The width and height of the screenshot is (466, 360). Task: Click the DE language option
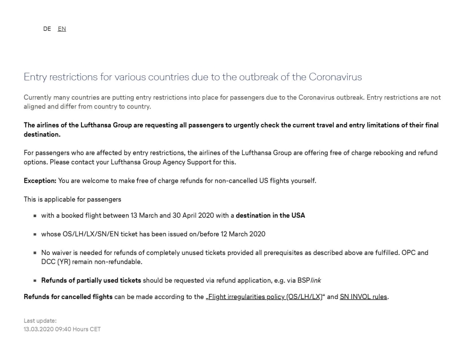pos(47,29)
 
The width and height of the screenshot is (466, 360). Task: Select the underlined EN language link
pos(62,29)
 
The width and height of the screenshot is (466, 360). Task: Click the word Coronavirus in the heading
pos(335,77)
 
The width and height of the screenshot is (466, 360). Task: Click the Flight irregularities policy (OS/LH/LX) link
pos(265,297)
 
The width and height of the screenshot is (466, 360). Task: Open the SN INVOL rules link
pos(364,297)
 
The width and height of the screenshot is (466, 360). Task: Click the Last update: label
pos(40,321)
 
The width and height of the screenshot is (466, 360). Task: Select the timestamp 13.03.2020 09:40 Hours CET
pos(62,329)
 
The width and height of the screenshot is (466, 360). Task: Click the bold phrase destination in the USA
pos(270,216)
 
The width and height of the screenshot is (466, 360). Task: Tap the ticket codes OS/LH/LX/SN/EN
pos(87,234)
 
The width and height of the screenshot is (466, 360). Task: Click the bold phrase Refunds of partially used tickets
pos(91,280)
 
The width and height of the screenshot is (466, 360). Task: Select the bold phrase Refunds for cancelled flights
pos(68,297)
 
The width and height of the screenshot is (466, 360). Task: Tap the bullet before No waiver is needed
pos(35,253)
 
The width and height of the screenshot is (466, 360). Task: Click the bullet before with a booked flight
pos(35,216)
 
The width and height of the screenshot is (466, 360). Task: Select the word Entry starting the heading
pos(35,77)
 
